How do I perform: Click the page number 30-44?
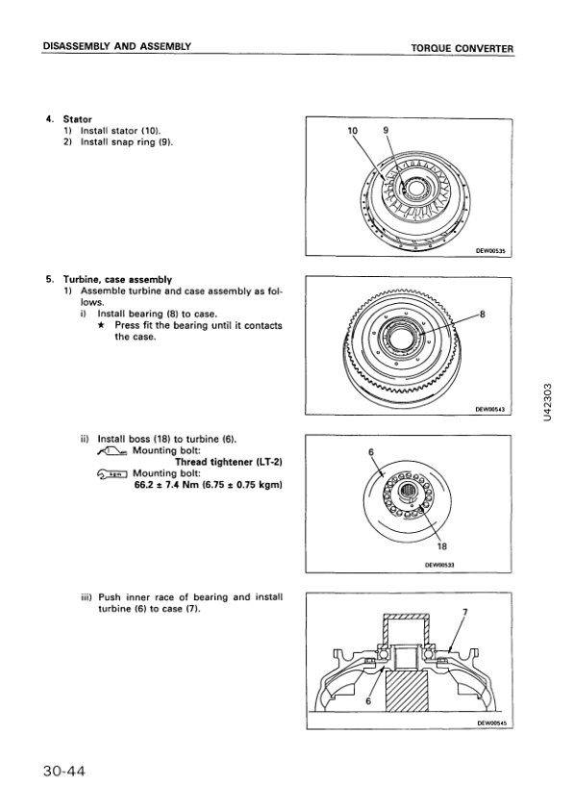[63, 772]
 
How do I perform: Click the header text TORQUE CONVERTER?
[462, 49]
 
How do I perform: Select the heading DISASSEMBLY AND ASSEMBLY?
[116, 46]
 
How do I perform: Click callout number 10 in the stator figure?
[353, 131]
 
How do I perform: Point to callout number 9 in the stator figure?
[386, 131]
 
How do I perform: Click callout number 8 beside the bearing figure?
[483, 314]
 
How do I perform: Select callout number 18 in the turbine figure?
[442, 546]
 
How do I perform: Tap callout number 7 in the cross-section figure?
[464, 613]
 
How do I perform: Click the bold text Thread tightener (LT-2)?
[229, 462]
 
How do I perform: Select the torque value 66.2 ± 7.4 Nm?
[166, 485]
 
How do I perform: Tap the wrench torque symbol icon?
[112, 473]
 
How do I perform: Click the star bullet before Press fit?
[102, 325]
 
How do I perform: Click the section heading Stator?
[78, 119]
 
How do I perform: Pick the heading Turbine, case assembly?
[117, 280]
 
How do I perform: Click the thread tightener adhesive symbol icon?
[112, 451]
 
